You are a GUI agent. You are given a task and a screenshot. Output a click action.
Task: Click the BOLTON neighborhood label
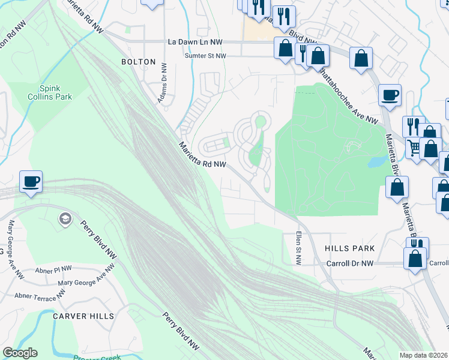pyautogui.click(x=138, y=62)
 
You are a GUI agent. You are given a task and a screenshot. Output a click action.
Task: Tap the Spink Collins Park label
pyautogui.click(x=47, y=92)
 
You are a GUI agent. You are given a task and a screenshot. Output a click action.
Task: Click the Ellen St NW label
pyautogui.click(x=298, y=248)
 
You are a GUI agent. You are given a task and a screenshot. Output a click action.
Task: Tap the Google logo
pyautogui.click(x=20, y=353)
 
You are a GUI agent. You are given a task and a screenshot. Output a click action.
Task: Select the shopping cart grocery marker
pyautogui.click(x=414, y=146)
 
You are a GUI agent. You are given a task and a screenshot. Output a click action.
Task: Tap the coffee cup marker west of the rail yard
pyautogui.click(x=30, y=181)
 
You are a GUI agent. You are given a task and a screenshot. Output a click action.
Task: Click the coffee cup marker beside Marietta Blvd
pyautogui.click(x=390, y=94)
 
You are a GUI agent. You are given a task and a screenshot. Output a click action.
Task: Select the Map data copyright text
pyautogui.click(x=424, y=355)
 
